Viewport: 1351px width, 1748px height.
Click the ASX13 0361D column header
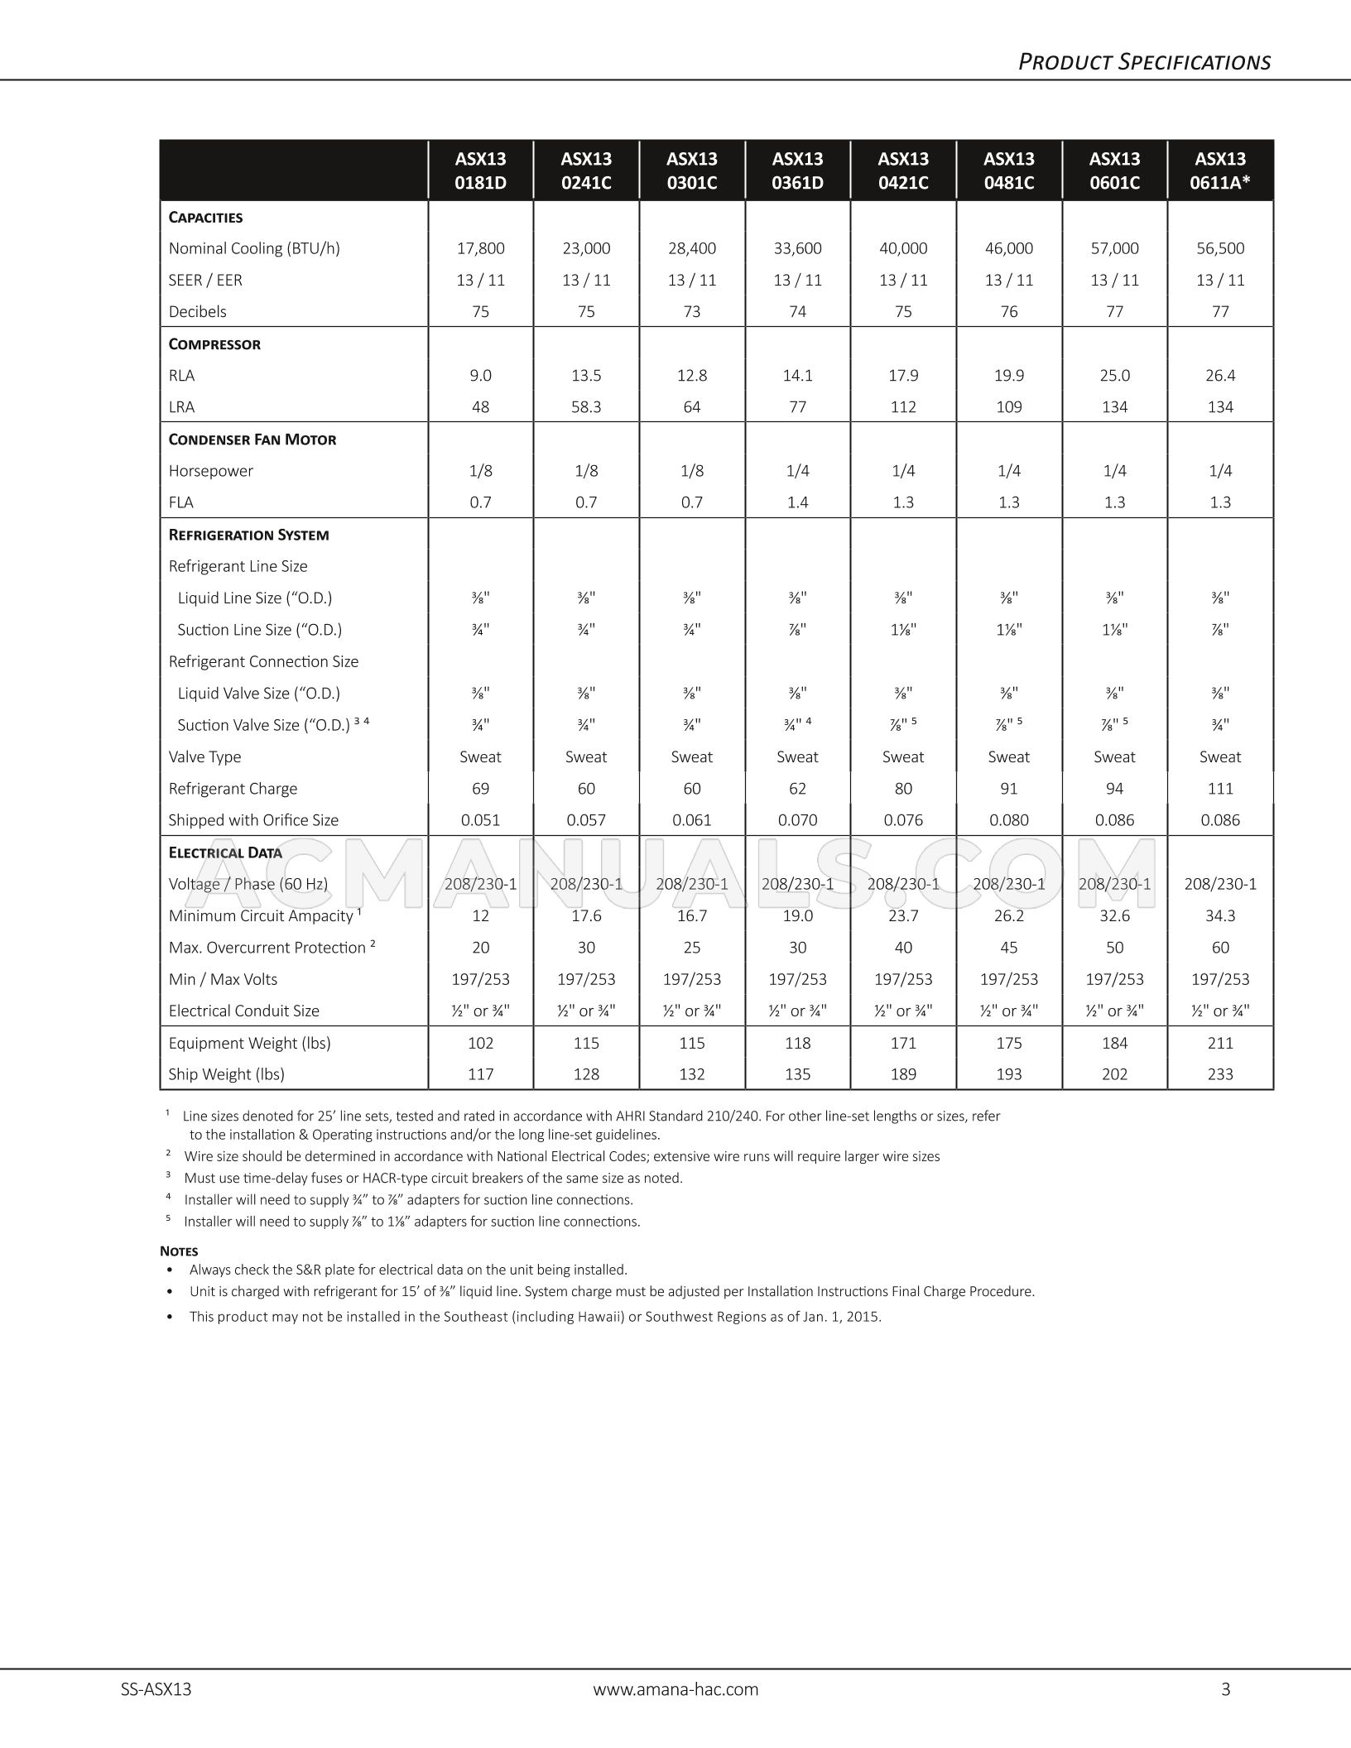[x=797, y=170]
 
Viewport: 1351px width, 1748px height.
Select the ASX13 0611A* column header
[x=1220, y=170]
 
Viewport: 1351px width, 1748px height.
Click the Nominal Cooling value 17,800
[x=480, y=248]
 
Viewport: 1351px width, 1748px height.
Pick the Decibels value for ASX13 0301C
[x=692, y=312]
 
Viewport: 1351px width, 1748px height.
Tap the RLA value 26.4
[x=1220, y=376]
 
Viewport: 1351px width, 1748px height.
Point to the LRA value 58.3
[x=586, y=407]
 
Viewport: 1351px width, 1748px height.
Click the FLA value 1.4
[x=797, y=502]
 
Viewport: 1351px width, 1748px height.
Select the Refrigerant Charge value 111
[x=1220, y=789]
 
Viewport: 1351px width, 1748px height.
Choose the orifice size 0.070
[x=797, y=820]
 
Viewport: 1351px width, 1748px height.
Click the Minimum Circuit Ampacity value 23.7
[x=903, y=916]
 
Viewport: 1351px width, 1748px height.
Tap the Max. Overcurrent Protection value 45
[x=1009, y=948]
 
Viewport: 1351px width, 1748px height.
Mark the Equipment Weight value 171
[x=903, y=1044]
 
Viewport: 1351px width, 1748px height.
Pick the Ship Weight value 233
[x=1220, y=1074]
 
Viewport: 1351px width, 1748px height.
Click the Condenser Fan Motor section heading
[x=252, y=439]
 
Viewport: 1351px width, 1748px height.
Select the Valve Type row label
[x=204, y=757]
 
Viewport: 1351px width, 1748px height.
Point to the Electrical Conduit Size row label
[x=243, y=1011]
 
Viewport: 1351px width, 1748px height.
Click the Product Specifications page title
[x=1144, y=62]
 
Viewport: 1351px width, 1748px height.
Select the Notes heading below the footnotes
[x=179, y=1251]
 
